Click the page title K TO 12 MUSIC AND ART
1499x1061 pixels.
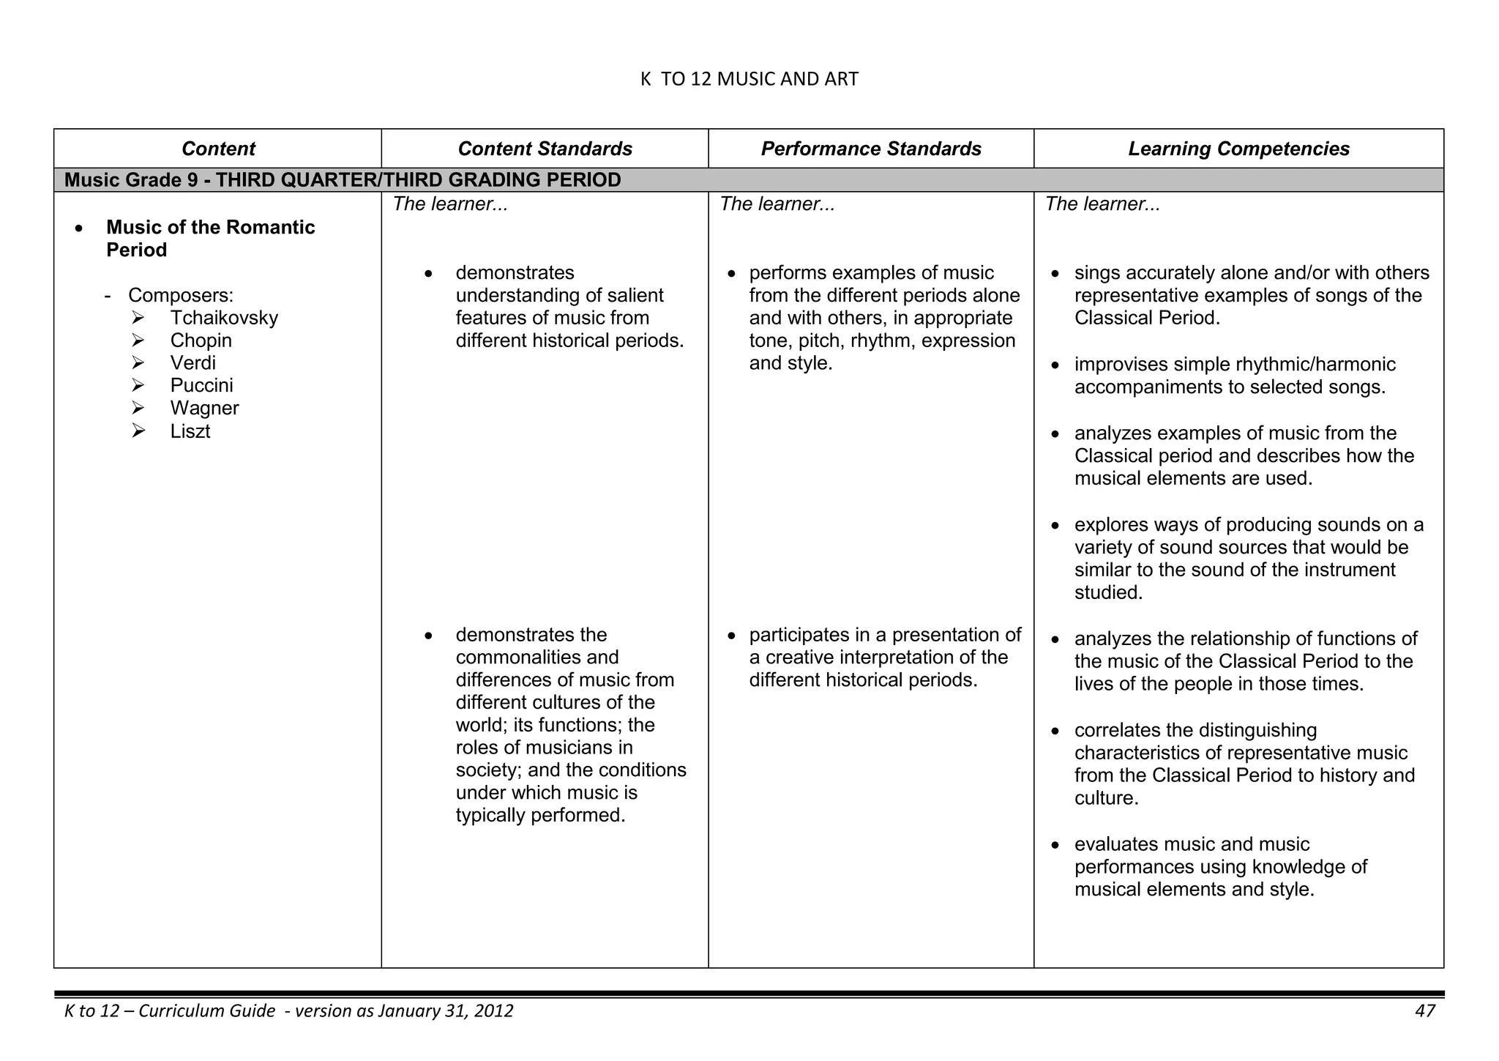pyautogui.click(x=749, y=79)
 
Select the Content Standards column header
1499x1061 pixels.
pyautogui.click(x=545, y=149)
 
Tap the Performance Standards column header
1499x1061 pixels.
pyautogui.click(x=871, y=149)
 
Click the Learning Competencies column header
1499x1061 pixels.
pyautogui.click(x=1238, y=149)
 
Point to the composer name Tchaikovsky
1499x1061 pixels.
pyautogui.click(x=224, y=318)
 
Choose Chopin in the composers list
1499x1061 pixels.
pyautogui.click(x=201, y=340)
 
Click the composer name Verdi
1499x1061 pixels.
pyautogui.click(x=192, y=363)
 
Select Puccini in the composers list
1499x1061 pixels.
pyautogui.click(x=201, y=386)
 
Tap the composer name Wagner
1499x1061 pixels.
pyautogui.click(x=204, y=409)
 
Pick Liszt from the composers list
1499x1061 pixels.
pyautogui.click(x=190, y=431)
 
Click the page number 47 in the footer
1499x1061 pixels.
pyautogui.click(x=1424, y=1011)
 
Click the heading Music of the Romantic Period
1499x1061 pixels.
pyautogui.click(x=210, y=239)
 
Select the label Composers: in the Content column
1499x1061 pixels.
pyautogui.click(x=181, y=295)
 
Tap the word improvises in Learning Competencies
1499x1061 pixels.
pyautogui.click(x=1121, y=365)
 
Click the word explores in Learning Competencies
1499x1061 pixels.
pyautogui.click(x=1111, y=525)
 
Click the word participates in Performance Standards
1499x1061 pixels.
pyautogui.click(x=798, y=635)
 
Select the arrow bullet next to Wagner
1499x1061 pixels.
pyautogui.click(x=139, y=409)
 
